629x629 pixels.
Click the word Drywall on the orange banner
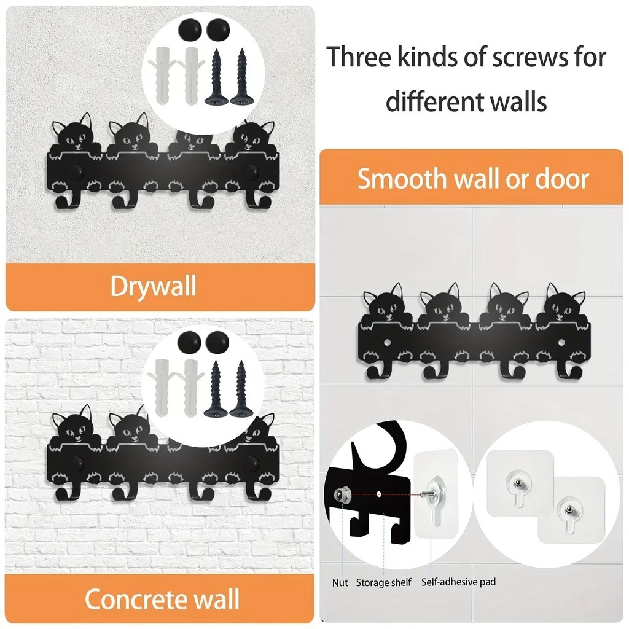coord(153,286)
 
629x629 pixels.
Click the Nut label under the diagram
coord(340,582)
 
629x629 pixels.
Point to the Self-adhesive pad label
coord(458,582)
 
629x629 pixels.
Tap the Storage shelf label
coord(384,582)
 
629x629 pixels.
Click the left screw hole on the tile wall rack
coord(387,343)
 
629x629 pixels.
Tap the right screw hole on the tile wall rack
coord(561,343)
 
